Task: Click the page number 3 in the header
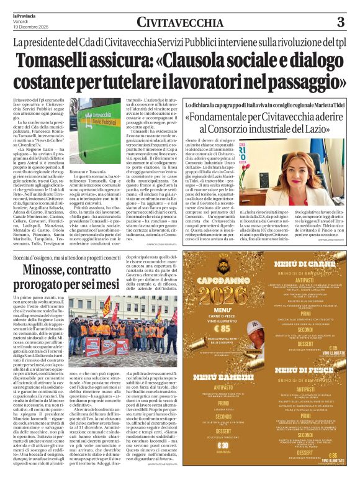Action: click(x=340, y=22)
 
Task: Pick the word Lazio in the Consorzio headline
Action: click(x=315, y=130)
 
